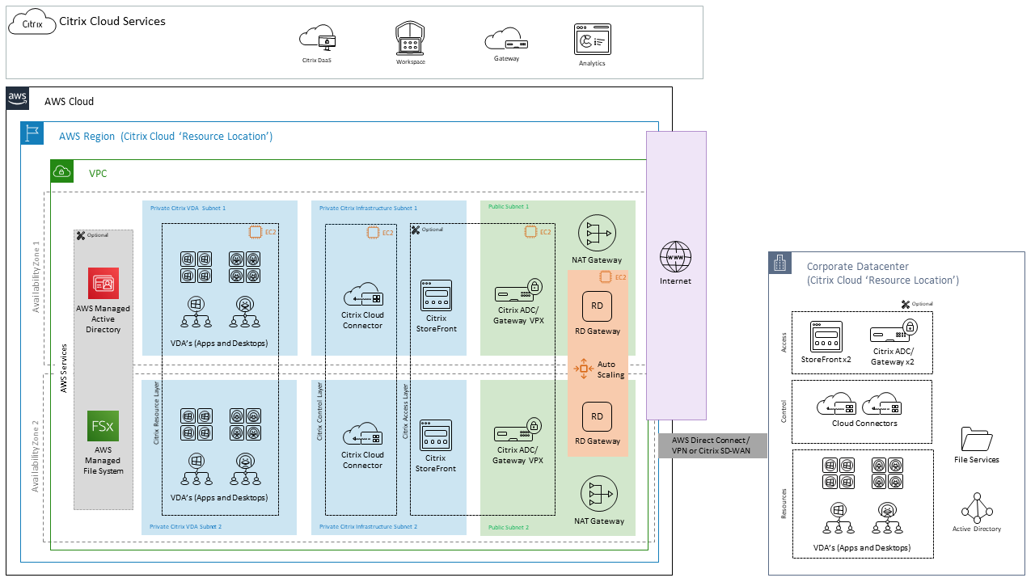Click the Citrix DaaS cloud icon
(317, 38)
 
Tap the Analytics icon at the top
(592, 40)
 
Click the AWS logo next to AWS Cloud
(18, 99)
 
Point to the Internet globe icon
(676, 257)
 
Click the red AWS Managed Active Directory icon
(103, 284)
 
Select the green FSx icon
(103, 426)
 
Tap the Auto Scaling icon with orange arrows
(584, 369)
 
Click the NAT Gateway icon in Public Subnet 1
(598, 234)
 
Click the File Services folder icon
(976, 438)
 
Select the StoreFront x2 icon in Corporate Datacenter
(826, 336)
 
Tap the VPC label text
(98, 173)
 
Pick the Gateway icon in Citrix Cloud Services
(506, 40)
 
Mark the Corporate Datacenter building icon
(780, 264)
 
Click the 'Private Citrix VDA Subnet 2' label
(188, 526)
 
